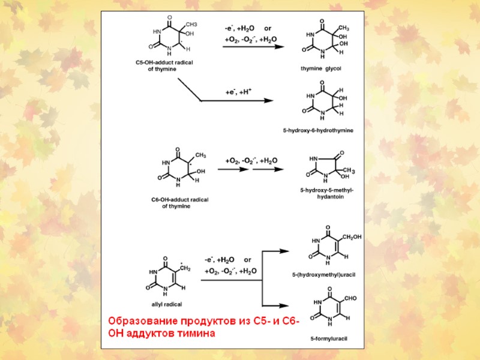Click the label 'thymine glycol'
pyautogui.click(x=320, y=68)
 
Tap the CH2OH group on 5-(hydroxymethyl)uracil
pyautogui.click(x=350, y=237)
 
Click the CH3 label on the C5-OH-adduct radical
pyautogui.click(x=191, y=24)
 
